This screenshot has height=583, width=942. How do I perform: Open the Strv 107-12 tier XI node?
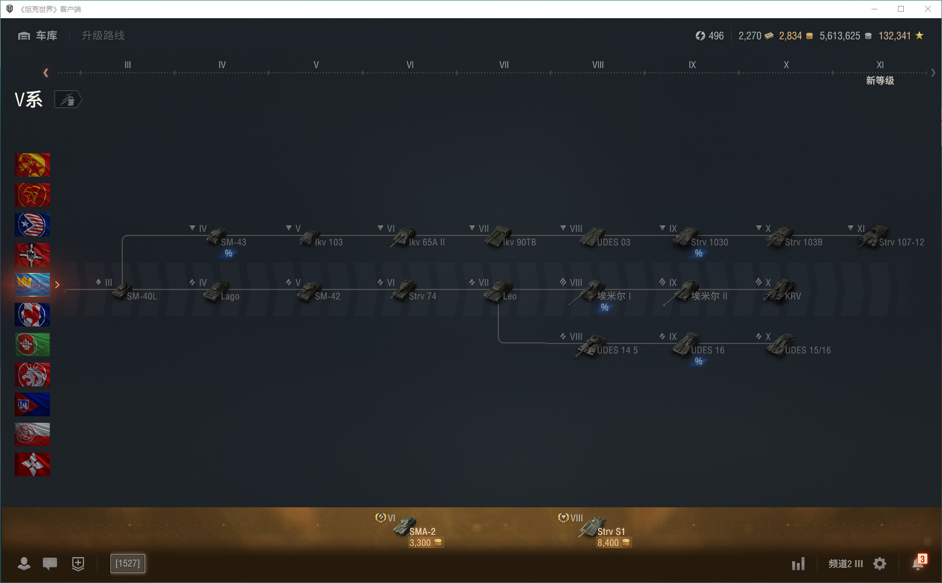(887, 238)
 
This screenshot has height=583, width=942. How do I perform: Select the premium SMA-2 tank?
(414, 528)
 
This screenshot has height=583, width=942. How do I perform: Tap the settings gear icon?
(880, 564)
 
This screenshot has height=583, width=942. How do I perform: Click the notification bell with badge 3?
(918, 563)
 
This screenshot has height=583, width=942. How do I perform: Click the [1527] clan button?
(128, 564)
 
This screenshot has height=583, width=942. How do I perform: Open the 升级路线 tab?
(103, 36)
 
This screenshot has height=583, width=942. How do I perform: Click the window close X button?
(928, 9)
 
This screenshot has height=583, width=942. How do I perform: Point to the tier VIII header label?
(598, 65)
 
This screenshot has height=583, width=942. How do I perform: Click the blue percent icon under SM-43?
(229, 254)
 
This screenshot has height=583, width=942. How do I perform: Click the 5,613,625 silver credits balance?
(840, 36)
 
